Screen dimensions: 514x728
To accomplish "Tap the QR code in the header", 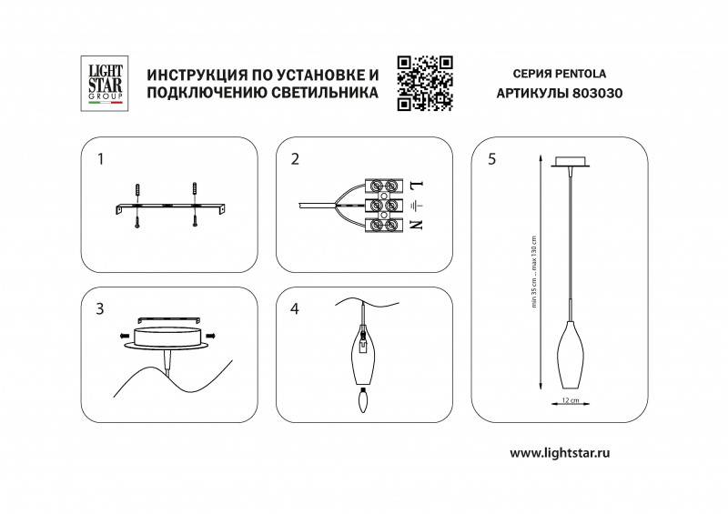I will point(425,83).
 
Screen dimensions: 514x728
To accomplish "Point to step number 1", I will point(101,159).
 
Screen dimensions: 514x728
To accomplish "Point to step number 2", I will point(295,160).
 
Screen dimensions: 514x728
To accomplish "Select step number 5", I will point(492,160).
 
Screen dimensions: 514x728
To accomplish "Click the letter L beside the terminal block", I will point(418,187).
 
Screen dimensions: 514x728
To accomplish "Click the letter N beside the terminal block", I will point(418,224).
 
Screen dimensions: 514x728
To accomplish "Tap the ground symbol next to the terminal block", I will point(418,206).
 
